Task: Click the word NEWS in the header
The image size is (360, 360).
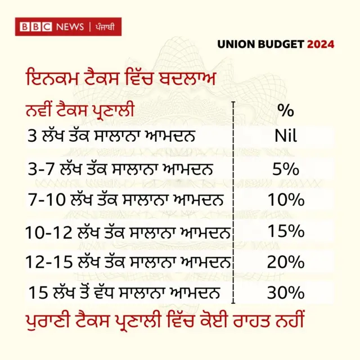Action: click(69, 27)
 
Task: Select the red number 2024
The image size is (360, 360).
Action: click(321, 44)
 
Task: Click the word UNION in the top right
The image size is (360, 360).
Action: click(237, 44)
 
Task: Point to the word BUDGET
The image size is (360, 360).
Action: click(282, 44)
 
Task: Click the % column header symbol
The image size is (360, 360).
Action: click(285, 111)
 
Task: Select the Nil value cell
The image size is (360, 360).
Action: click(285, 136)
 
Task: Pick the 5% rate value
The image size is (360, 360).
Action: click(285, 168)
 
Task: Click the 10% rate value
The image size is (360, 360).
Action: click(285, 200)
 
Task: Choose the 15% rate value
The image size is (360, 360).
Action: click(285, 231)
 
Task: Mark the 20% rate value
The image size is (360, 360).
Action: click(285, 262)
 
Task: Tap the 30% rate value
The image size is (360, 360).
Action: click(285, 293)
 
